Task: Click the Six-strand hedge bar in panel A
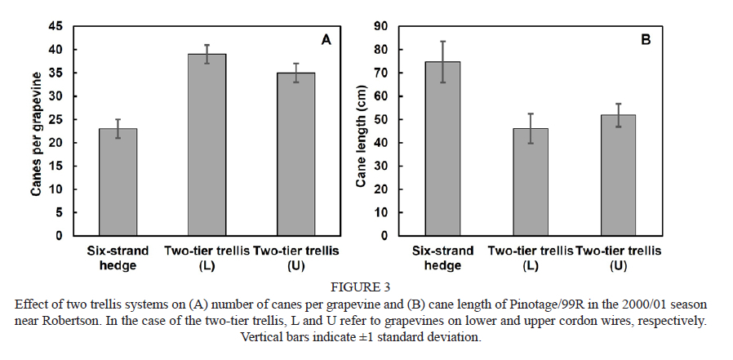coord(118,182)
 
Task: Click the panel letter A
coord(326,39)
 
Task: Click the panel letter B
coord(645,39)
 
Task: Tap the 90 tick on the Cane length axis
coord(380,26)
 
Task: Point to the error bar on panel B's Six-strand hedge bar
coord(442,61)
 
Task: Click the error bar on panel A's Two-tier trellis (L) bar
coord(207,54)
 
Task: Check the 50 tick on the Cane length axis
coord(380,119)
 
